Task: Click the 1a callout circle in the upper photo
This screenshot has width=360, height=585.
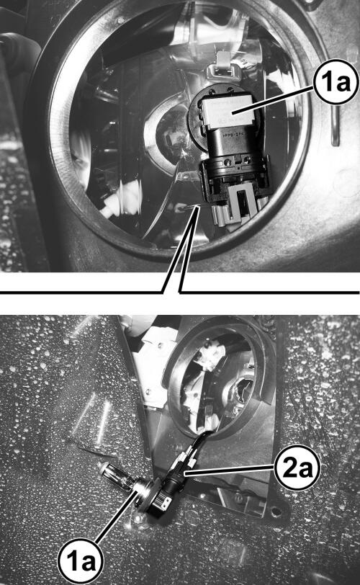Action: tap(336, 81)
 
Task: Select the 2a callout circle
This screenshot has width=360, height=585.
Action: tap(297, 468)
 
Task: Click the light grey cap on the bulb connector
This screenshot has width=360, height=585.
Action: tap(228, 110)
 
